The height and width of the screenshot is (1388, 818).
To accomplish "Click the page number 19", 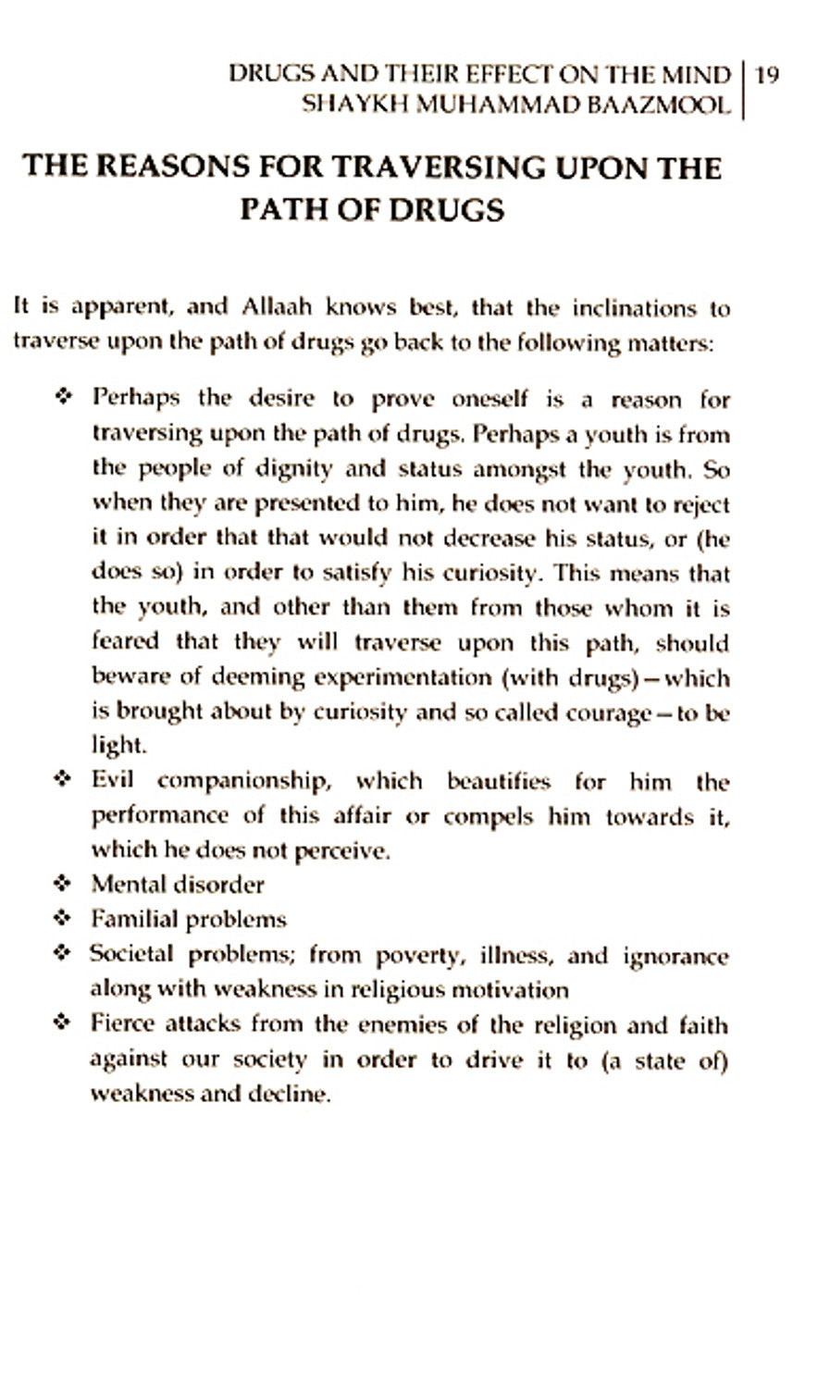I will [767, 75].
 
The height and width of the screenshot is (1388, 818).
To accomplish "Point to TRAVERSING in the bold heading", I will [440, 167].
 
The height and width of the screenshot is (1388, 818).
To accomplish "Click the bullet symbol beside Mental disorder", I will [63, 884].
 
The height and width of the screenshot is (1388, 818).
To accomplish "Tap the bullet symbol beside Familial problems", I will [63, 919].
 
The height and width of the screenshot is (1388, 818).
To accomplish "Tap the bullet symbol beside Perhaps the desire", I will [63, 398].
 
